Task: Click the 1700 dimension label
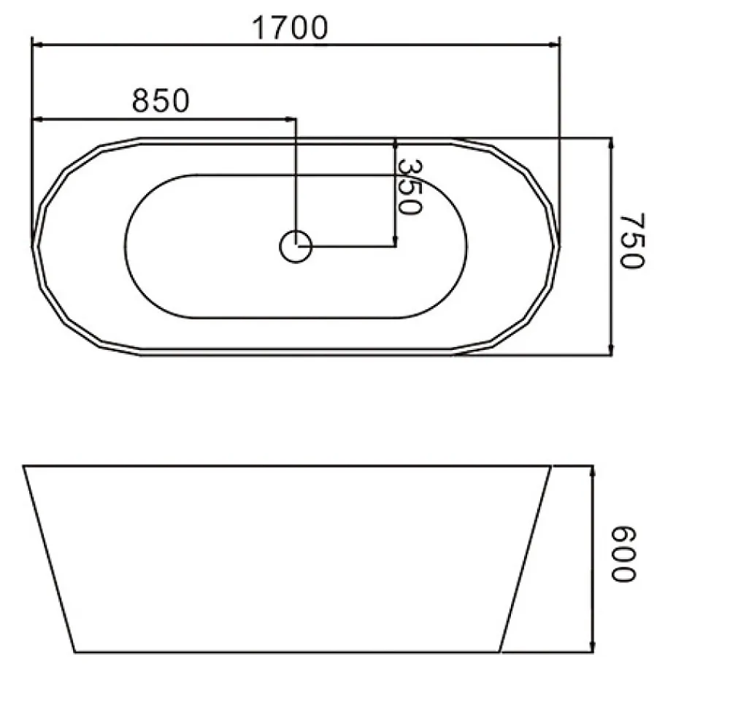(290, 28)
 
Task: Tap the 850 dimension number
(161, 100)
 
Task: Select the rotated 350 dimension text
(410, 187)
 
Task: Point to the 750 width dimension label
(631, 240)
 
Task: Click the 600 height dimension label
(623, 554)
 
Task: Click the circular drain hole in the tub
(296, 246)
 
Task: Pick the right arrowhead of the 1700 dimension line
(554, 45)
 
